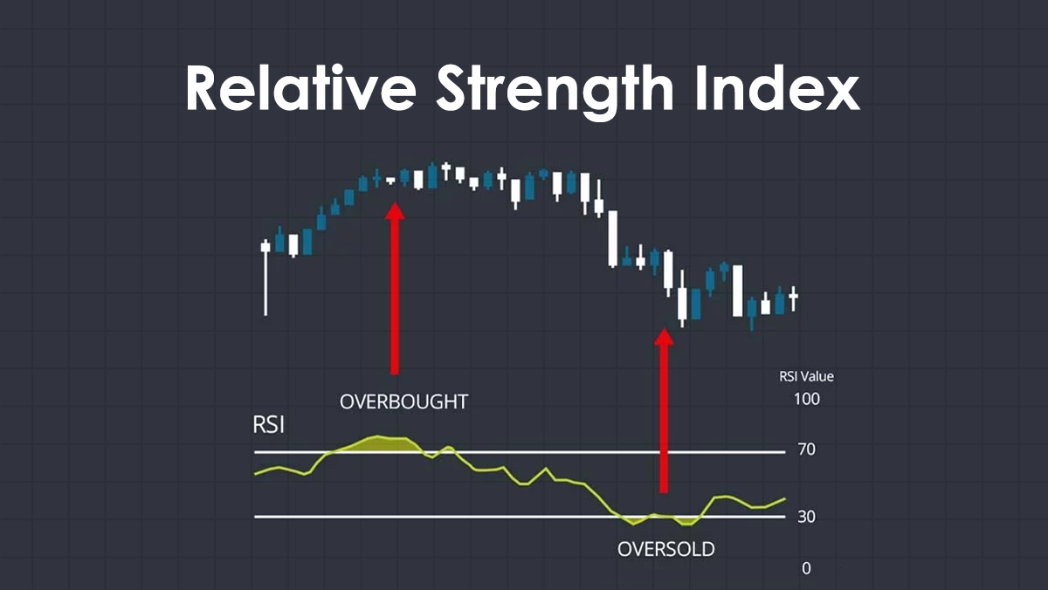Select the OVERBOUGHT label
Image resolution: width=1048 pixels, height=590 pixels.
click(403, 402)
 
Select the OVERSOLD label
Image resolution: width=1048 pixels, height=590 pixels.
click(665, 550)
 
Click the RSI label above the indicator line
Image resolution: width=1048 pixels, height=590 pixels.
click(270, 427)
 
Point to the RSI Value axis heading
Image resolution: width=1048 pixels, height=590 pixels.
click(806, 377)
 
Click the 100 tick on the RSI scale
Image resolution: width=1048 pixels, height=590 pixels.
click(806, 400)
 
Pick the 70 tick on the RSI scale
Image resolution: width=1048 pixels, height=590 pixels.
click(805, 450)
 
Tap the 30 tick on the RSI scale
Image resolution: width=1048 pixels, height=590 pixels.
click(805, 517)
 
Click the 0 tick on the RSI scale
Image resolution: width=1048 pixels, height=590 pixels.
click(805, 568)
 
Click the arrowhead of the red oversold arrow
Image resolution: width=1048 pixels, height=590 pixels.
click(665, 336)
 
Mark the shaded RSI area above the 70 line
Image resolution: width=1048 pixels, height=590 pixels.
click(376, 443)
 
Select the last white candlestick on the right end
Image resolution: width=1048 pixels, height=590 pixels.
click(793, 298)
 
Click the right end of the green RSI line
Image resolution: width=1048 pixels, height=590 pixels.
click(784, 499)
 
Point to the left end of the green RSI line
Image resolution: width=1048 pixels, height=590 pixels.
click(256, 474)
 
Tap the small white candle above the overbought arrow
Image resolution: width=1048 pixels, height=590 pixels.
click(391, 180)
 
